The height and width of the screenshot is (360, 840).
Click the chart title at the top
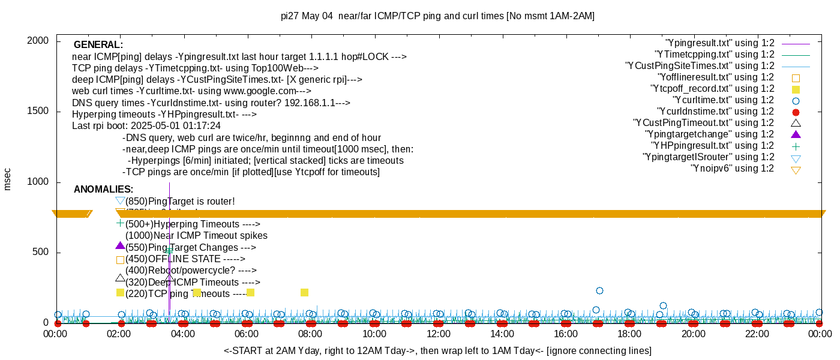(x=437, y=16)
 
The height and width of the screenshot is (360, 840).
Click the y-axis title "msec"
(x=8, y=179)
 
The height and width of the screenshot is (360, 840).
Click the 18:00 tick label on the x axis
(x=629, y=334)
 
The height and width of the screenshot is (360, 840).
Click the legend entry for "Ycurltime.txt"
(x=723, y=100)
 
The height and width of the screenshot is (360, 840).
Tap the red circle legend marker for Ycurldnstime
(x=796, y=112)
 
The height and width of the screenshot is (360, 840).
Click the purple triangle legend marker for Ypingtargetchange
(x=796, y=134)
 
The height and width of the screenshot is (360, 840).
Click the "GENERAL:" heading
(x=98, y=45)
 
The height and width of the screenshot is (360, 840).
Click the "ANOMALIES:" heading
(x=103, y=190)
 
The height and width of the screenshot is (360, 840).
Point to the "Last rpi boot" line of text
(x=146, y=126)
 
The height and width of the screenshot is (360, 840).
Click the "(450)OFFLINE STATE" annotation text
(x=185, y=259)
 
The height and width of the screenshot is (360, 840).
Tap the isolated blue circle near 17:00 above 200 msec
(x=599, y=290)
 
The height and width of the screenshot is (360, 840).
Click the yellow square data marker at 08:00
(x=304, y=293)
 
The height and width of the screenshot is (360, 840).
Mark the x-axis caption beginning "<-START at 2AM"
(x=437, y=350)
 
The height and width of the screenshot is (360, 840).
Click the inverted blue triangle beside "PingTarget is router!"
(x=120, y=201)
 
